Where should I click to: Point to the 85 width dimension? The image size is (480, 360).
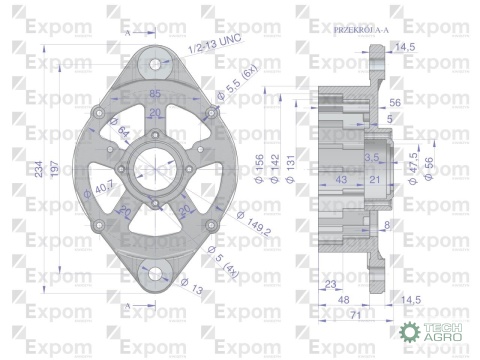click(155, 94)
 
